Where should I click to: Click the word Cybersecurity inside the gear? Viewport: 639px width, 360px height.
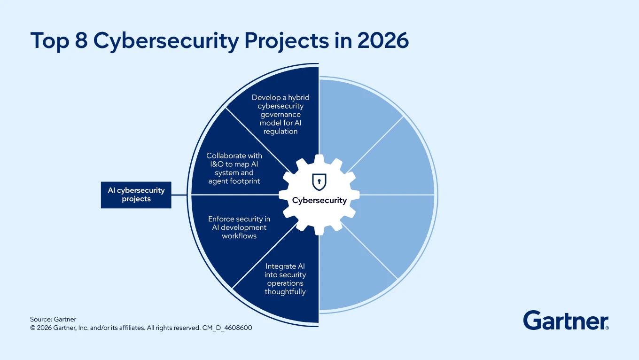point(319,200)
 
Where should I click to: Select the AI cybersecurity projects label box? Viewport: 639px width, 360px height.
point(136,195)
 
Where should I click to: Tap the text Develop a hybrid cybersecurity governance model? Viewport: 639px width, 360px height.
point(281,114)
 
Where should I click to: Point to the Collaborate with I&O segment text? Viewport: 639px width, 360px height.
point(234,168)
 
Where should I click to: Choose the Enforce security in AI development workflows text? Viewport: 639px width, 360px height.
point(239,227)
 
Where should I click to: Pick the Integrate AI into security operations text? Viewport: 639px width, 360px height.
point(285,279)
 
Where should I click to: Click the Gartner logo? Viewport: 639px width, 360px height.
point(566,321)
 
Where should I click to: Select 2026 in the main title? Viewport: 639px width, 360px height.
point(383,41)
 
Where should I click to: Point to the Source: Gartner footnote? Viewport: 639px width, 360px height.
point(53,320)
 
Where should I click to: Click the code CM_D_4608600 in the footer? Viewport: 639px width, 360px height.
point(227,328)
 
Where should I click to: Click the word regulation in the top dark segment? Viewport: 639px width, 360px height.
point(281,132)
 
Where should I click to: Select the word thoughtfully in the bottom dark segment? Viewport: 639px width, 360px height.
point(285,292)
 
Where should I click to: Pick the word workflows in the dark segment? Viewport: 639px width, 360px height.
point(239,236)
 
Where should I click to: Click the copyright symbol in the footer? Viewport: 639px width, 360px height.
point(33,328)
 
